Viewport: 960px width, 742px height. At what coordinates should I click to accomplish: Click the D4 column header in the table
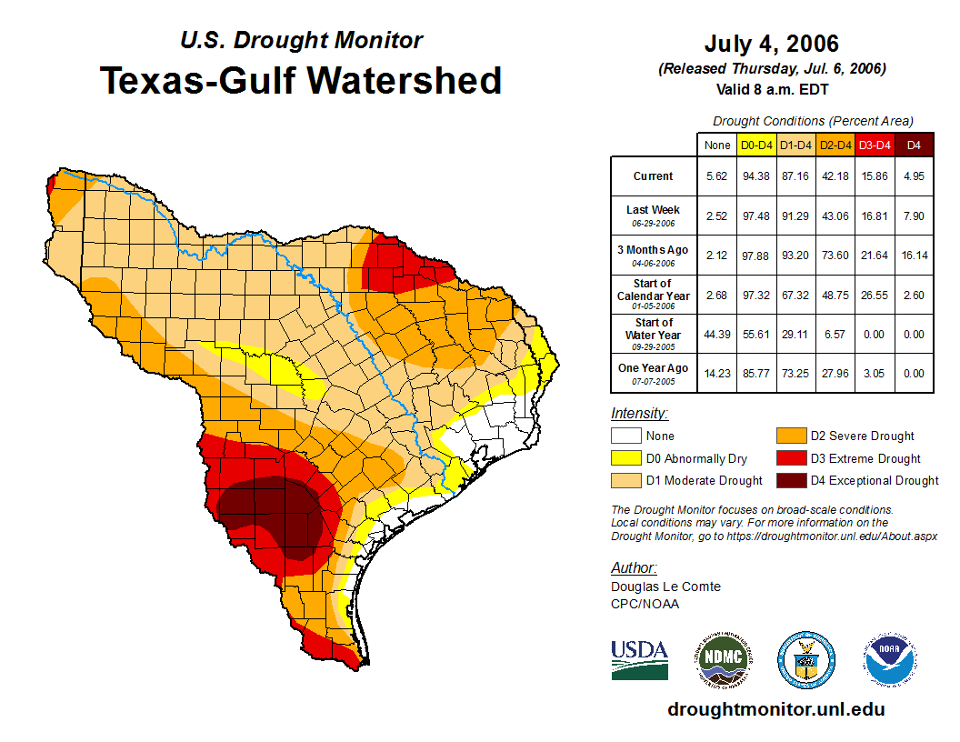[914, 145]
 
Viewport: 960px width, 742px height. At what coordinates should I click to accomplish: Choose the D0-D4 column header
[756, 145]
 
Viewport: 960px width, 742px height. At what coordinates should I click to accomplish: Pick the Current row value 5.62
[717, 176]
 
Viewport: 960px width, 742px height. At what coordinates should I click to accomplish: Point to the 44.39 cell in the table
[717, 335]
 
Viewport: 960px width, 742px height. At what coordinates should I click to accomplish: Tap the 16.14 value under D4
[914, 256]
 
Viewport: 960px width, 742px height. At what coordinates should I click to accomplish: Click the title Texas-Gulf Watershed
[301, 80]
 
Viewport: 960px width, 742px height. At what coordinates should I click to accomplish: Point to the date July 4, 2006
[772, 44]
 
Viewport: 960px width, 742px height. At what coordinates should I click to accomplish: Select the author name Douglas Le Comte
[665, 587]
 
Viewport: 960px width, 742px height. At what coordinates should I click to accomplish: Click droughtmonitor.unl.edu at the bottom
[776, 709]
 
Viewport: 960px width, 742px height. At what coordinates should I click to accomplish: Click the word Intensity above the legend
[639, 414]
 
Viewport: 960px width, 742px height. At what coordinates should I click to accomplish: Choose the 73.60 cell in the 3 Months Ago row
[835, 256]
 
